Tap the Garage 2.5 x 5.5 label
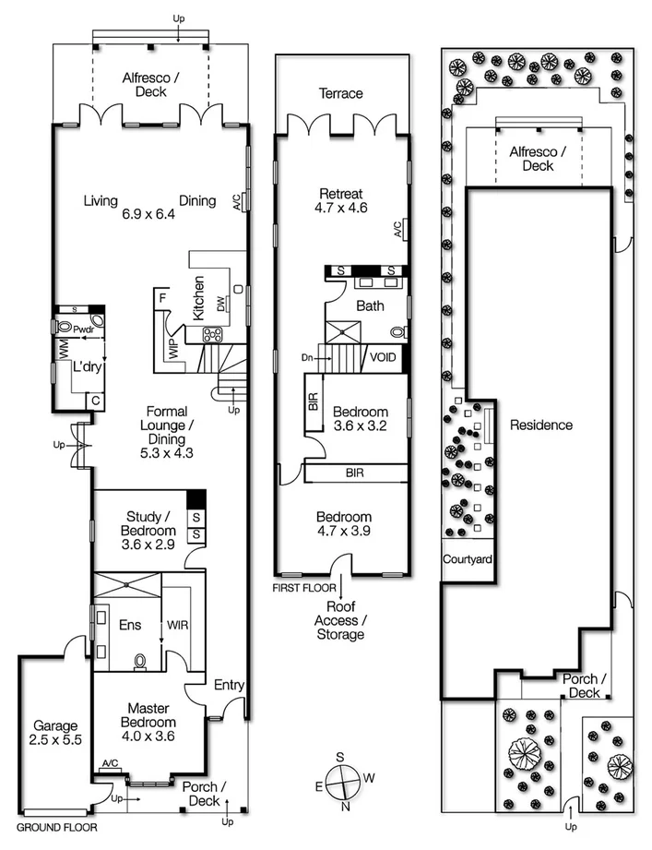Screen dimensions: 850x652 pyautogui.click(x=52, y=733)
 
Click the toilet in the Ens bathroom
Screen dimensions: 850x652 pyautogui.click(x=140, y=662)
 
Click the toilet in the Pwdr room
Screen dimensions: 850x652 pyautogui.click(x=65, y=327)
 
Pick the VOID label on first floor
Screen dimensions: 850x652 pyautogui.click(x=383, y=356)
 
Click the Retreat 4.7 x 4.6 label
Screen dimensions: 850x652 pyautogui.click(x=342, y=200)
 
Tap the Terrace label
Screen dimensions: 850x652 pyautogui.click(x=341, y=93)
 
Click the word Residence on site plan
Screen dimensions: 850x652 pyautogui.click(x=541, y=425)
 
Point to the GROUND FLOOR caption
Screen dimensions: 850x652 pyautogui.click(x=56, y=828)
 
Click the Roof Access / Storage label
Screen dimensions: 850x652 pyautogui.click(x=341, y=620)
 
